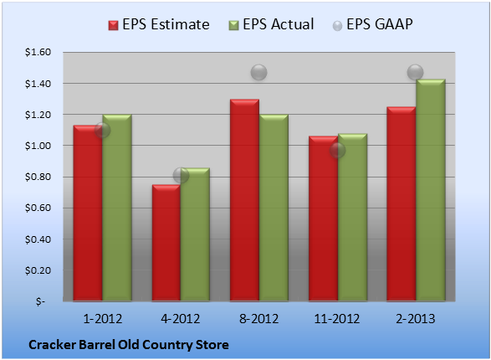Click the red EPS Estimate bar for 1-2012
coord(88,213)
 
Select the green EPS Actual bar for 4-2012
coord(195,234)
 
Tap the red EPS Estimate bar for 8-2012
coord(244,200)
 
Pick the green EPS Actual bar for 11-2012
coord(353,218)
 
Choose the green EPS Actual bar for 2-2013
coord(431,190)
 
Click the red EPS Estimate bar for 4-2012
coord(166,243)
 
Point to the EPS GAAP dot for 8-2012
coord(259,73)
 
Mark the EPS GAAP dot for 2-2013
coord(415,73)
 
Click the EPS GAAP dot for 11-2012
coord(337,151)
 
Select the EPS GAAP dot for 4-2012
coord(181,175)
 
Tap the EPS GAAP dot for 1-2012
coord(102,130)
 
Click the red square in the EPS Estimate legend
coord(114,25)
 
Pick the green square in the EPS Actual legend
coord(233,25)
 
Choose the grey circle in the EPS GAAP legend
coord(337,26)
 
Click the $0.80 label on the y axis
coord(38,177)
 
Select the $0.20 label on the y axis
coord(38,270)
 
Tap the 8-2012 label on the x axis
coord(259,319)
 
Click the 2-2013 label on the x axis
coord(415,319)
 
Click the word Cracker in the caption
coord(52,345)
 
